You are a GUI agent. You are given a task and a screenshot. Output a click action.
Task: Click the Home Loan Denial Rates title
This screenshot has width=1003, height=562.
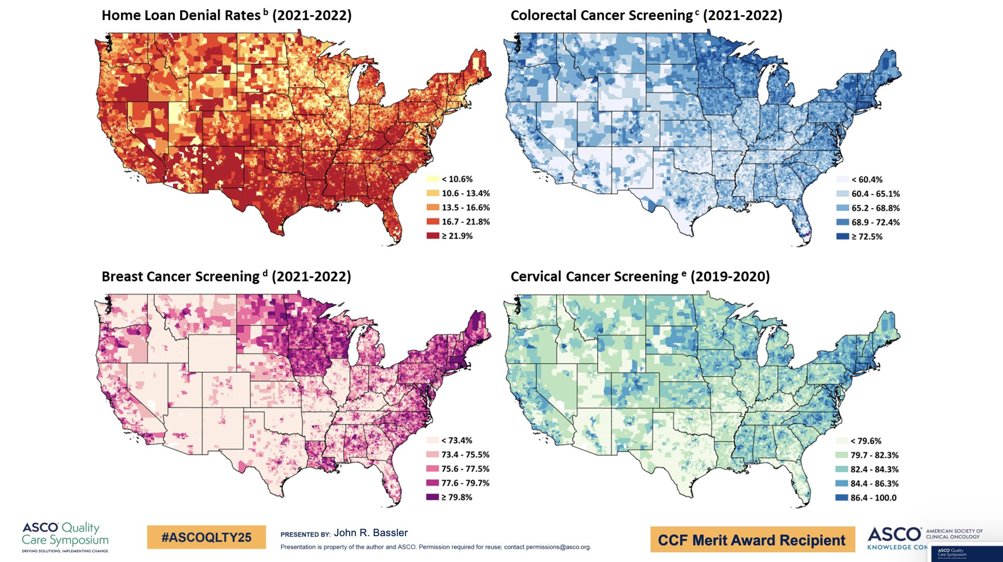pyautogui.click(x=226, y=16)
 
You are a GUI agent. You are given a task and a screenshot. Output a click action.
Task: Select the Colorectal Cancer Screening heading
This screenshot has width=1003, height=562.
pyautogui.click(x=646, y=16)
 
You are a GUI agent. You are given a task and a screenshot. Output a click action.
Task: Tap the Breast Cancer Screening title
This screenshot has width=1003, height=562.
pyautogui.click(x=226, y=277)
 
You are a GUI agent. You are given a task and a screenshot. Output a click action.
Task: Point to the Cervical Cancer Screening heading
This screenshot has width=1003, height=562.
pyautogui.click(x=640, y=277)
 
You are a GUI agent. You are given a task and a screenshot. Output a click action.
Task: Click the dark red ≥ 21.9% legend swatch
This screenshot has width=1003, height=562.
pyautogui.click(x=433, y=236)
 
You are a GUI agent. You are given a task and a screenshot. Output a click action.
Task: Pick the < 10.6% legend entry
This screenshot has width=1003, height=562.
pyautogui.click(x=457, y=179)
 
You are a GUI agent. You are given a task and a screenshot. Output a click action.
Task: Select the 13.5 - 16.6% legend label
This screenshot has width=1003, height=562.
pyautogui.click(x=466, y=208)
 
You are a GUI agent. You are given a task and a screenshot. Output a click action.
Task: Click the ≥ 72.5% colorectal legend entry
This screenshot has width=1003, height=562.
pyautogui.click(x=866, y=237)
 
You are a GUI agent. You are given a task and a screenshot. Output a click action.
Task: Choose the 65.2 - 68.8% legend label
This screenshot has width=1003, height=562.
pyautogui.click(x=875, y=208)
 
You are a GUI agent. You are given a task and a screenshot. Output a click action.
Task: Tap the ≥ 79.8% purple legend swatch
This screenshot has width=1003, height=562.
pyautogui.click(x=432, y=497)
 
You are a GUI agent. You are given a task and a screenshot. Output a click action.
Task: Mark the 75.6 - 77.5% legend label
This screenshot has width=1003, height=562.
pyautogui.click(x=465, y=469)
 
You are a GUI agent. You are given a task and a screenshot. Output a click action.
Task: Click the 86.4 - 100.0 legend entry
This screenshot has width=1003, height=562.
pyautogui.click(x=873, y=498)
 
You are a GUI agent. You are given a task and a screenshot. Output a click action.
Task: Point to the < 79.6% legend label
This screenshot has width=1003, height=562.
pyautogui.click(x=866, y=441)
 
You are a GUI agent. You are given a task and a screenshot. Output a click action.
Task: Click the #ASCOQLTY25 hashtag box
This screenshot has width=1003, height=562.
pyautogui.click(x=206, y=538)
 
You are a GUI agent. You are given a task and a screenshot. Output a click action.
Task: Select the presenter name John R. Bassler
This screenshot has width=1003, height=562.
pyautogui.click(x=370, y=533)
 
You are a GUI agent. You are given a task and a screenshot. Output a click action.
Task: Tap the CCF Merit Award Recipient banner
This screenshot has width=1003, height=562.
pyautogui.click(x=752, y=540)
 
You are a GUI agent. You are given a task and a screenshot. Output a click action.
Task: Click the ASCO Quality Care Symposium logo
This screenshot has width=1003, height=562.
pyautogui.click(x=65, y=537)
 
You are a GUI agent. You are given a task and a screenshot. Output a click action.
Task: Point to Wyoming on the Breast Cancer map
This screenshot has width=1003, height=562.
pyautogui.click(x=212, y=353)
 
